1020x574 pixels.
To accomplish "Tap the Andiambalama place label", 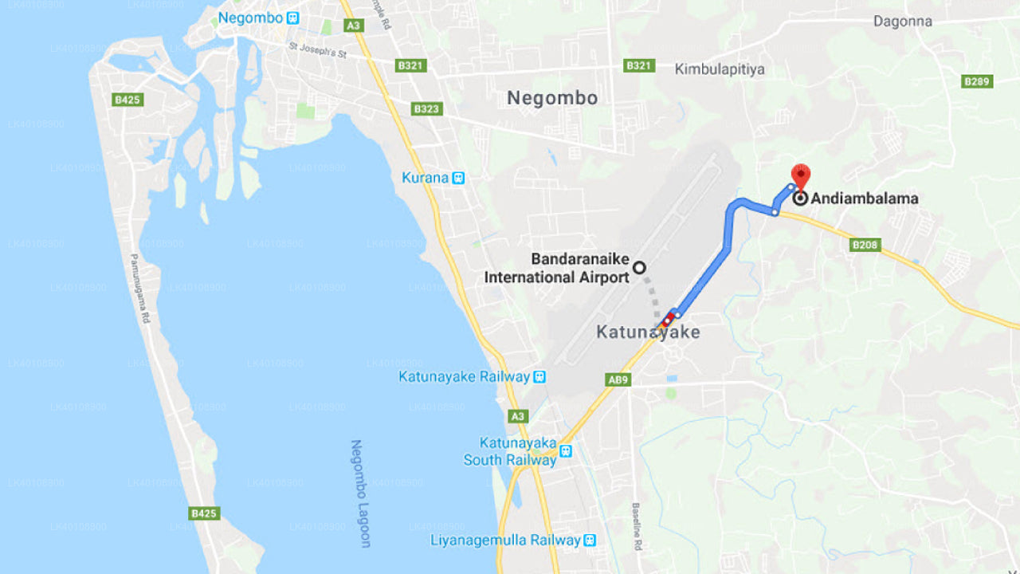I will click(864, 199).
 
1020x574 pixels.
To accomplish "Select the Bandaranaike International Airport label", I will click(557, 269).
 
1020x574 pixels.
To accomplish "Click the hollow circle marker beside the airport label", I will click(639, 268).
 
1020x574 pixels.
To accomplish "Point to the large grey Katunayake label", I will click(648, 332).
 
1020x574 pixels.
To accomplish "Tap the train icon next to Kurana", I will click(458, 178).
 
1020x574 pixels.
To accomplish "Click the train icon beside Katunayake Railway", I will click(539, 377).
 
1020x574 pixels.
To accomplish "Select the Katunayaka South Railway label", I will click(510, 451).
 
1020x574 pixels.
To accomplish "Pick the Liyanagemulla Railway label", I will click(505, 541).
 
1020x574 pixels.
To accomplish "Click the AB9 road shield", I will click(618, 380).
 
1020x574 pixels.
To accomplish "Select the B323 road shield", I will click(426, 108).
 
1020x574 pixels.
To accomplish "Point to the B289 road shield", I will click(977, 81).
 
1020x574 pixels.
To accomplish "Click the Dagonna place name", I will click(902, 22).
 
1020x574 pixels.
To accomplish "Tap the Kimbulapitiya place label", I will click(720, 69).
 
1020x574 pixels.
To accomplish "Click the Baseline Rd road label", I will click(637, 526).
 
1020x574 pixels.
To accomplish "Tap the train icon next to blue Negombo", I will click(293, 18).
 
